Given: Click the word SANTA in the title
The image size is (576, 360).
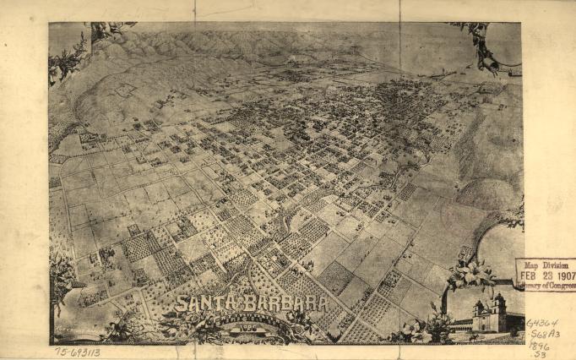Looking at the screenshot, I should click(201, 302).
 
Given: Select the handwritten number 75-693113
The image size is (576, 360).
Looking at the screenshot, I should click(77, 352).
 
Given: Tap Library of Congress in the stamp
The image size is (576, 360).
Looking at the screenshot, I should click(548, 285).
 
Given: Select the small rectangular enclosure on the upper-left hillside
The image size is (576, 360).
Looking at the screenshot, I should click(124, 88).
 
